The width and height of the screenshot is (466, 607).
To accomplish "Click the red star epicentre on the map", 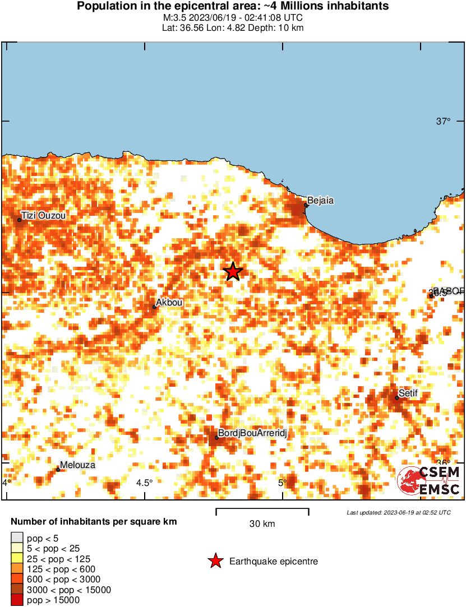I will pos(233,272).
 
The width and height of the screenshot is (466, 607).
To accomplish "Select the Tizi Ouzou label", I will pos(44,215).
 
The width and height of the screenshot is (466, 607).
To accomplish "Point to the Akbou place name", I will pos(169,303).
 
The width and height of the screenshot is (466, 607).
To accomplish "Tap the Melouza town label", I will pos(77,465).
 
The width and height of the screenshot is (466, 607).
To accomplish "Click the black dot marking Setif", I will pos(396,398).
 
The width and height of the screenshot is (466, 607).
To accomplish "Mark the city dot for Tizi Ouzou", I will pos(19,220).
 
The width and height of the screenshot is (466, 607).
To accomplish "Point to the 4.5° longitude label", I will pos(144,483).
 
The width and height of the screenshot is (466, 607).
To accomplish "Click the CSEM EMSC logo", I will pos(429,481).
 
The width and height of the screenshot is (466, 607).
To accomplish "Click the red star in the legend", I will pos(215,561).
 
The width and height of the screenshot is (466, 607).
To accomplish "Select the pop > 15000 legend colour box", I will pos(17,600).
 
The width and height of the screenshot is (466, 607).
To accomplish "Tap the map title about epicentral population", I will pos(233,6).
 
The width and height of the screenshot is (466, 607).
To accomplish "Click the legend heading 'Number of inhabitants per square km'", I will pos(94,522).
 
